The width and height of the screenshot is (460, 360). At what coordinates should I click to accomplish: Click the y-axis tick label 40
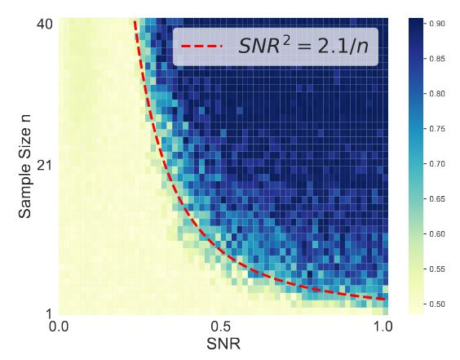click(x=45, y=24)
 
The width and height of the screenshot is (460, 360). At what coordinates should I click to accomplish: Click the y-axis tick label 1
click(x=50, y=313)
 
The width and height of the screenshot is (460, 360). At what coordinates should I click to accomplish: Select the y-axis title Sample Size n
click(x=26, y=167)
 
